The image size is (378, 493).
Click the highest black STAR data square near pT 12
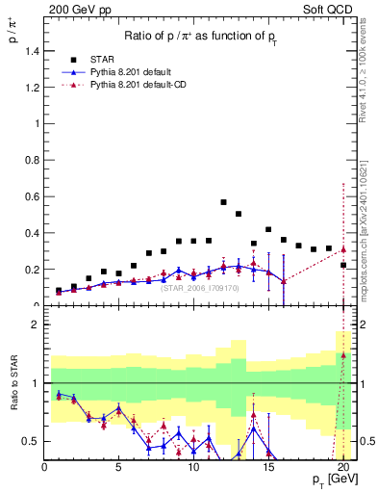(x=223, y=202)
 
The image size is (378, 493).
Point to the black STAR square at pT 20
(x=343, y=265)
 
